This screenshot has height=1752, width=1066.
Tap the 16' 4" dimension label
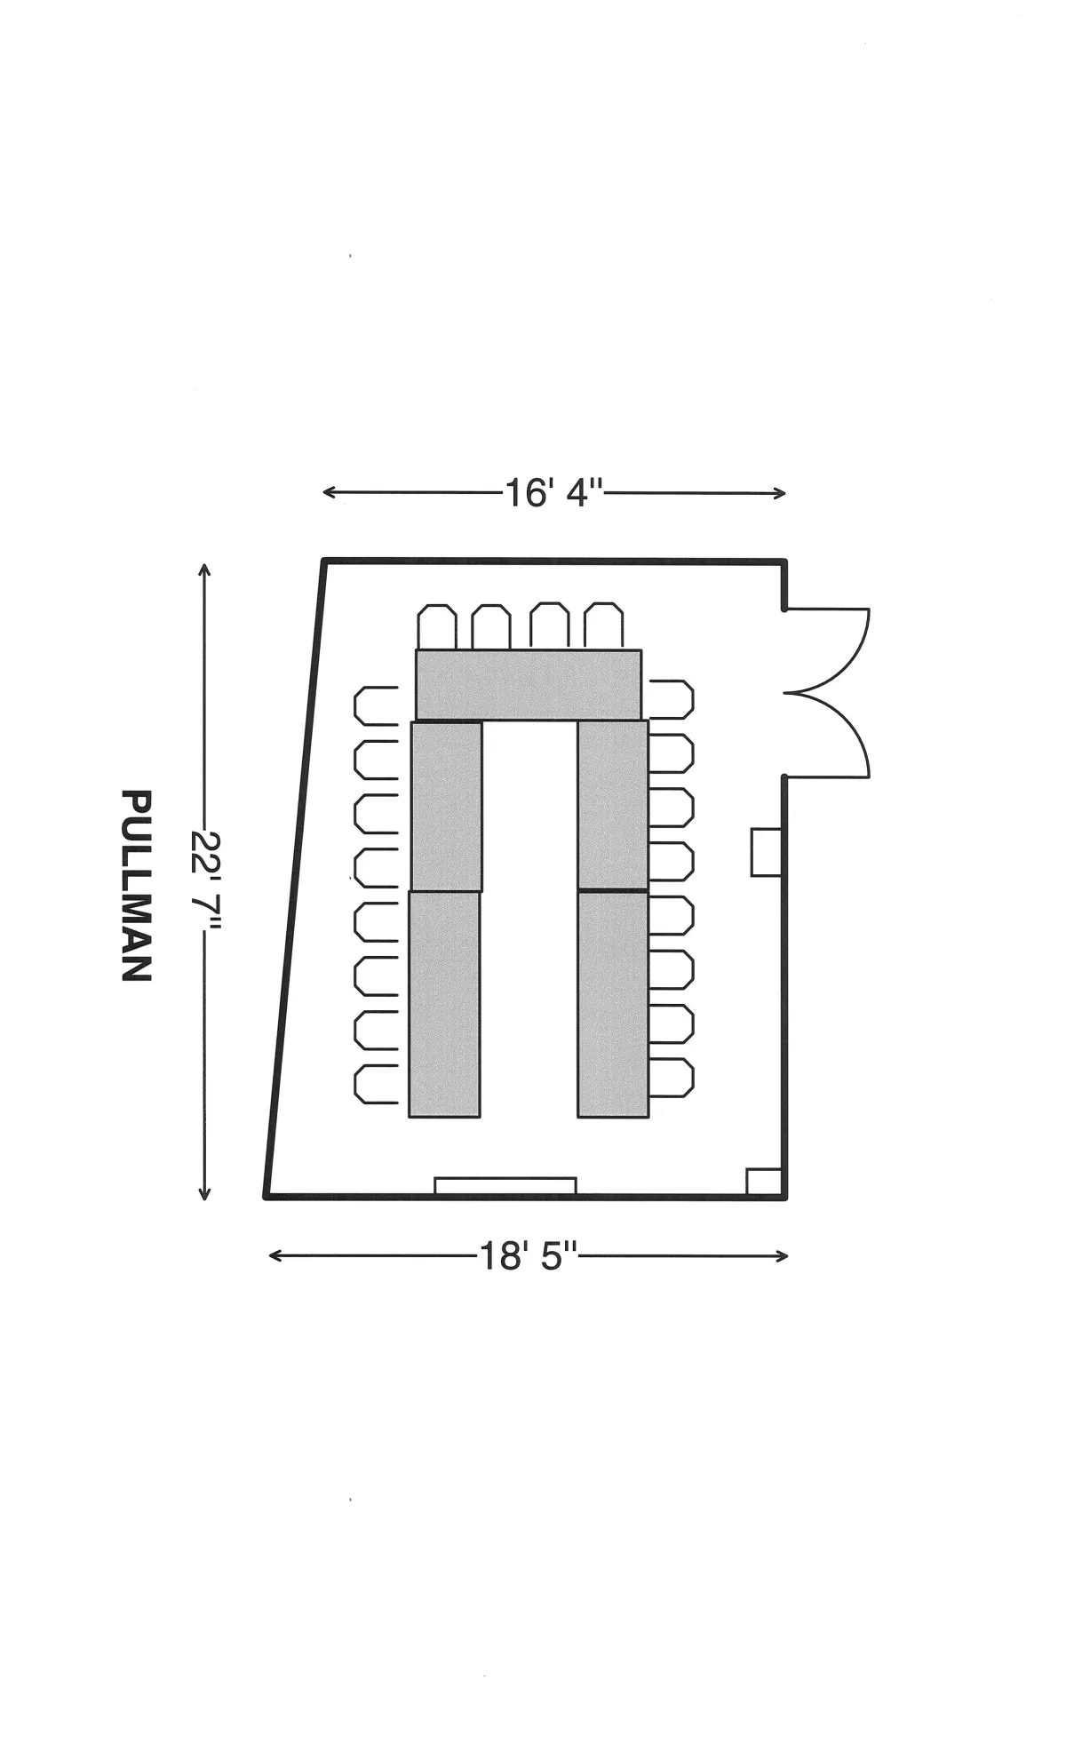pyautogui.click(x=554, y=492)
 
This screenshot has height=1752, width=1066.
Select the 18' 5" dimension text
pyautogui.click(x=529, y=1256)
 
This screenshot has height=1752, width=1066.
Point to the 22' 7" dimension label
pyautogui.click(x=206, y=882)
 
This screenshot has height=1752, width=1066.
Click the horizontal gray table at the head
pyautogui.click(x=529, y=684)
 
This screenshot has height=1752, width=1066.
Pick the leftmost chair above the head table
pyautogui.click(x=437, y=626)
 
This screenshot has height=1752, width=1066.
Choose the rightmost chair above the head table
pyautogui.click(x=604, y=626)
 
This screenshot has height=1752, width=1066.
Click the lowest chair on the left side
pyautogui.click(x=377, y=1084)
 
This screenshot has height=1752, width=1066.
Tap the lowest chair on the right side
pyautogui.click(x=671, y=1078)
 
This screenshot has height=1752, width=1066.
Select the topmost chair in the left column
pyautogui.click(x=377, y=705)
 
